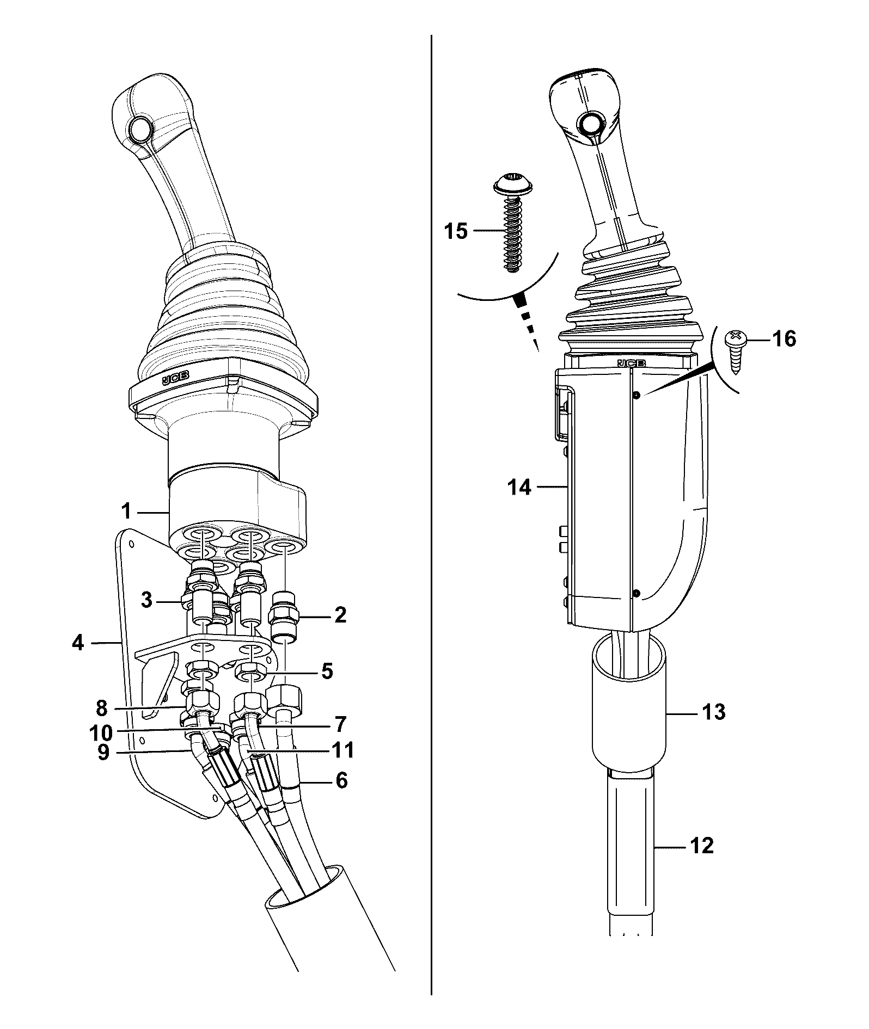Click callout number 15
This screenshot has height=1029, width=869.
click(x=456, y=231)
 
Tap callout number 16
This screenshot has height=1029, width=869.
click(x=784, y=339)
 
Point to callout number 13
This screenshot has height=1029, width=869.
click(x=714, y=711)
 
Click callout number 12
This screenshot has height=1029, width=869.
click(x=701, y=845)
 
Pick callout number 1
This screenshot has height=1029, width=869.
click(x=126, y=511)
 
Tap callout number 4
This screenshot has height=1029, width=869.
click(x=79, y=643)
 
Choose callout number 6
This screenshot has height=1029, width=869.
click(x=341, y=780)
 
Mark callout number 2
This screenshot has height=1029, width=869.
click(x=340, y=615)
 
